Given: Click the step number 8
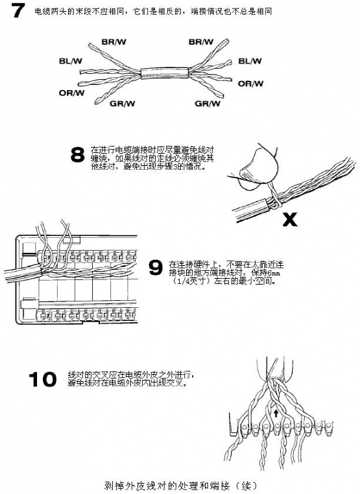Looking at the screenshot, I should tap(77, 155).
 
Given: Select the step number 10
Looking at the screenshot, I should tap(42, 380).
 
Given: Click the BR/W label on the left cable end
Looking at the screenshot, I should tap(114, 41).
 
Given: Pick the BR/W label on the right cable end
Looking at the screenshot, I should tap(200, 41).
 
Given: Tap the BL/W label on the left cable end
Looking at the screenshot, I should tap(70, 62).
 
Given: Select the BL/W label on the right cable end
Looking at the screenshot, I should tap(250, 62).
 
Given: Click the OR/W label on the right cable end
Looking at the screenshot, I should tap(250, 84).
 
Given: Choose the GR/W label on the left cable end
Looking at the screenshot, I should tap(122, 103).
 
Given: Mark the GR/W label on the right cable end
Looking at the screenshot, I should tap(208, 103).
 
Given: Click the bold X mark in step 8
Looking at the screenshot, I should tap(290, 219).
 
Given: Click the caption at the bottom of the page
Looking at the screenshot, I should tap(180, 484).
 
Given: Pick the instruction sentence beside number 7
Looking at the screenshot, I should tap(153, 12).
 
